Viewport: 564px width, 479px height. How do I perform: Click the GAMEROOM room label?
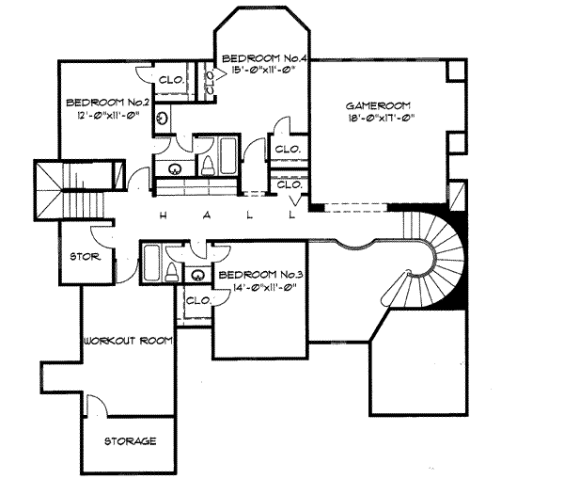click(x=378, y=106)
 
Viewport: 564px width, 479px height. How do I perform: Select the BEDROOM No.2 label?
click(x=107, y=103)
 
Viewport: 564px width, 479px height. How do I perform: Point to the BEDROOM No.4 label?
click(x=264, y=58)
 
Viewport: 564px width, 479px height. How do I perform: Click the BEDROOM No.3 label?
click(x=260, y=275)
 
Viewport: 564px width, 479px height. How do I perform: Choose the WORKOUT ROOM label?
click(x=129, y=341)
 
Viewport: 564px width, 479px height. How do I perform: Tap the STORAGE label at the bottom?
click(x=131, y=441)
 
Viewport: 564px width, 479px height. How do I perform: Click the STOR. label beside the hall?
click(x=86, y=257)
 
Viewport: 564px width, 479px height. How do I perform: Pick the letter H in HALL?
click(x=163, y=216)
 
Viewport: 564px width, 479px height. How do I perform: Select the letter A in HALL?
click(x=207, y=216)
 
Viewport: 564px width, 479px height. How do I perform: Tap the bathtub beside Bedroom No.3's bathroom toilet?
click(x=151, y=263)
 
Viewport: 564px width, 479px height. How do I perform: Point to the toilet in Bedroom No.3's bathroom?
click(x=172, y=273)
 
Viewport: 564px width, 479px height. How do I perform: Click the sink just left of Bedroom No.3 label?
click(x=197, y=276)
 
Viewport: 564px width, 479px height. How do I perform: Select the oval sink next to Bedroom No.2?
click(x=163, y=119)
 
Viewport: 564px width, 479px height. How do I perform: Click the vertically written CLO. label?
click(x=210, y=81)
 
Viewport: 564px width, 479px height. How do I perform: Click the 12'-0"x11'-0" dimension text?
click(x=107, y=115)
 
